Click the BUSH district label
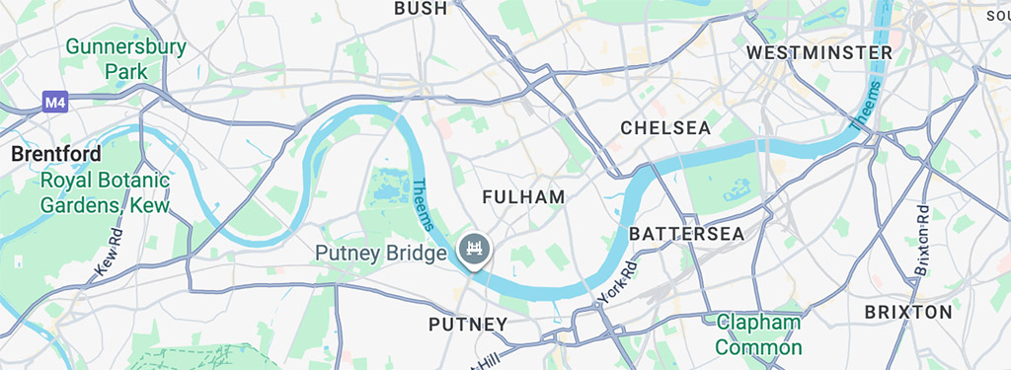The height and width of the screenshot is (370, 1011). (421, 9)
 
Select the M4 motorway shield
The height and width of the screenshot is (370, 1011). (54, 101)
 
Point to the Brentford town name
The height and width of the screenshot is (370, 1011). (55, 155)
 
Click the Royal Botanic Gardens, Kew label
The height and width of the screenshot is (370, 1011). (105, 193)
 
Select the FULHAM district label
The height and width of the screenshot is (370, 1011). (523, 197)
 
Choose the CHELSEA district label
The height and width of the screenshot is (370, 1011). (665, 128)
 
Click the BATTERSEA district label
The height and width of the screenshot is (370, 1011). (686, 234)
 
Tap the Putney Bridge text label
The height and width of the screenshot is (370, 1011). (381, 254)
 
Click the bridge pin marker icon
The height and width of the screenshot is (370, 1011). (474, 249)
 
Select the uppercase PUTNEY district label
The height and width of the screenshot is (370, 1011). (468, 324)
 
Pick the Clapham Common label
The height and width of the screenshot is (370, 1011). (758, 334)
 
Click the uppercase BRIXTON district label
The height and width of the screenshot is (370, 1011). (908, 312)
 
